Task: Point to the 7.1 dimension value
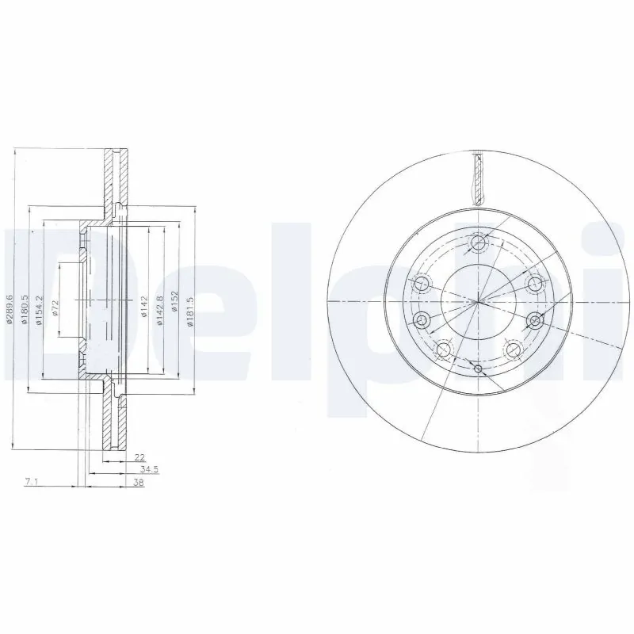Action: point(31,482)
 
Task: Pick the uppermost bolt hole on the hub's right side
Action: point(535,283)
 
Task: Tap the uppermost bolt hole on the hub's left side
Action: point(421,283)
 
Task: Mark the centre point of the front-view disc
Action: point(478,302)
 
